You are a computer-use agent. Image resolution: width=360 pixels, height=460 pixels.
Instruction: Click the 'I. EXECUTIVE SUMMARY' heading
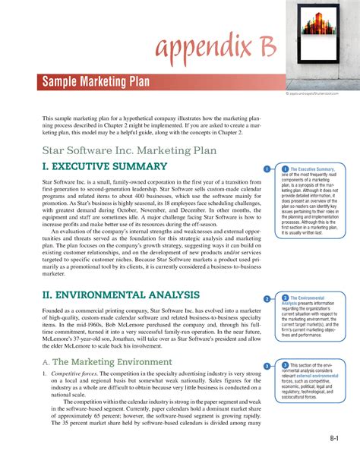[x=105, y=166]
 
